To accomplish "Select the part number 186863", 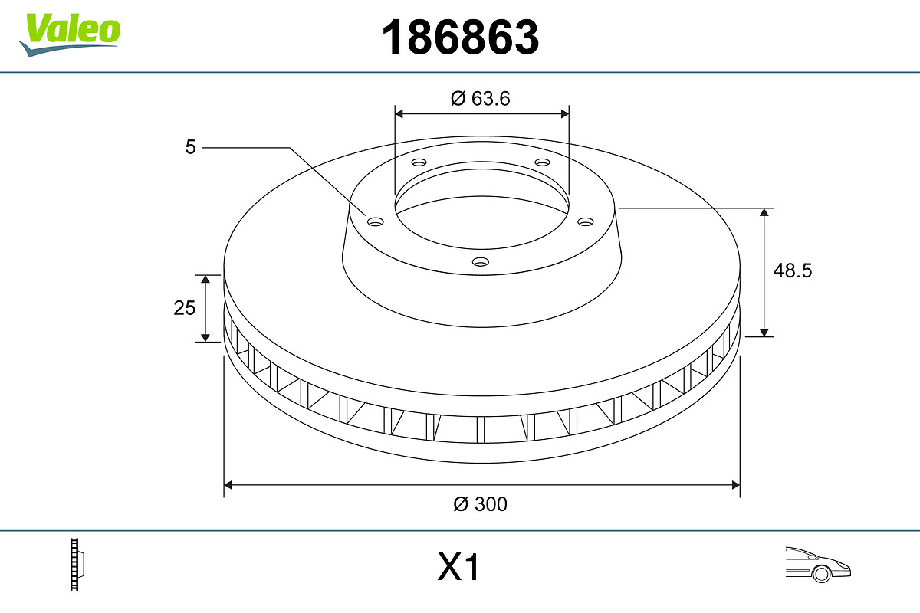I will (460, 37).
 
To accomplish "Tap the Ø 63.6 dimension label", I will (481, 98).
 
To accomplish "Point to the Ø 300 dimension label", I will (481, 504).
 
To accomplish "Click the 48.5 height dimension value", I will (792, 270).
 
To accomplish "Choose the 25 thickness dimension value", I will (185, 308).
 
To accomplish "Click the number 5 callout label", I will (191, 146).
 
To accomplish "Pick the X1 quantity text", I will (458, 569).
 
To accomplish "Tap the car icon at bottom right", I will (817, 565).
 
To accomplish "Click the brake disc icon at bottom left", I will (77, 565).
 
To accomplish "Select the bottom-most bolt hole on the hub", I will (481, 262).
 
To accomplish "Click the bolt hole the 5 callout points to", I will (376, 221).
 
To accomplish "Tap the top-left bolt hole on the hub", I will (419, 162).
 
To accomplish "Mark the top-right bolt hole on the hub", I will (543, 162).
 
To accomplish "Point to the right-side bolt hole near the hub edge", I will (586, 221).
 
